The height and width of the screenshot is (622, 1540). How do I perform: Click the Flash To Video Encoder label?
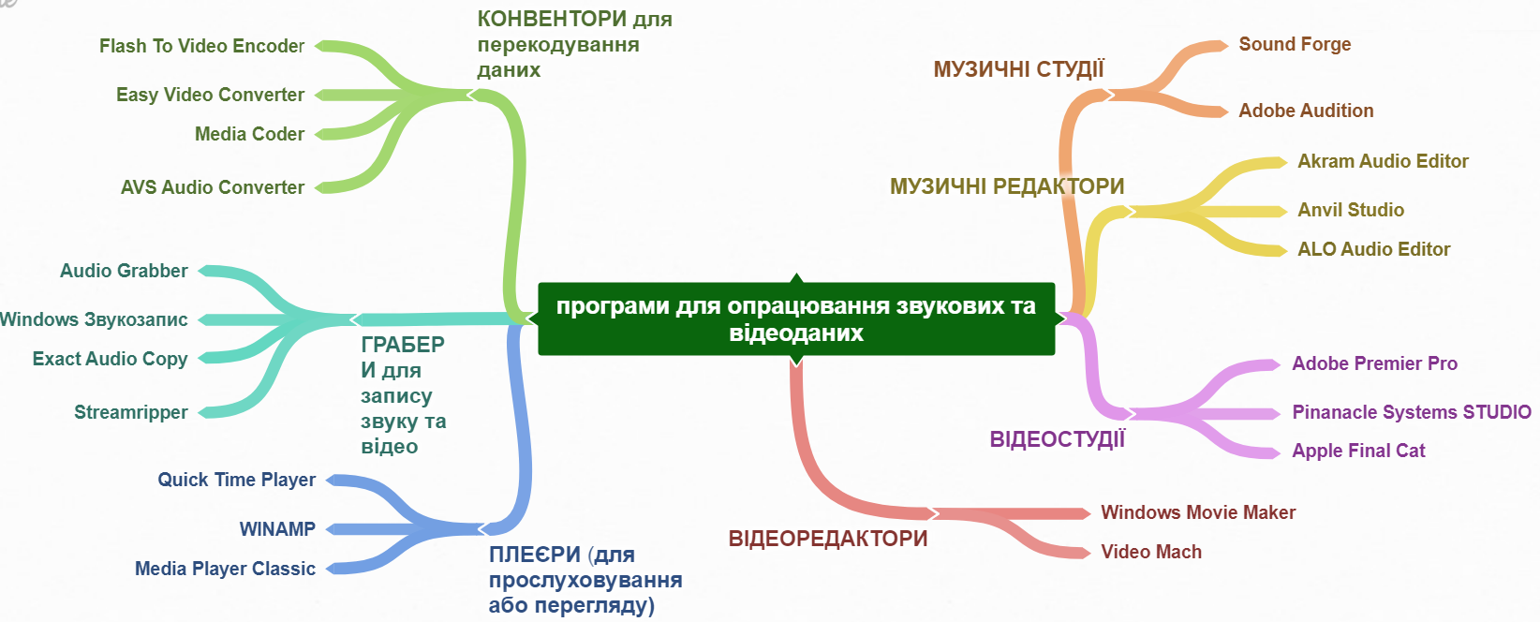(201, 46)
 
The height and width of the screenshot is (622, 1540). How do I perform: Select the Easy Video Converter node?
(210, 95)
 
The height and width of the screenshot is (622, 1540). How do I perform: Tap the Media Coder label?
(249, 134)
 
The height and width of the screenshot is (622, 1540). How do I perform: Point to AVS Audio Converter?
(212, 187)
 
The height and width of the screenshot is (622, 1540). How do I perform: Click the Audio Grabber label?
(124, 271)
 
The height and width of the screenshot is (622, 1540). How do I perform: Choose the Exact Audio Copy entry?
(110, 359)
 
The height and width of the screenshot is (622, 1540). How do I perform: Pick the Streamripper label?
(131, 412)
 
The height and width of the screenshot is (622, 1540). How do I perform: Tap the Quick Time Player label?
(236, 480)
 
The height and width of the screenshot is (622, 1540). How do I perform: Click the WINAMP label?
(277, 529)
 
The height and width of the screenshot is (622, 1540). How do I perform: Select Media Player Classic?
(225, 569)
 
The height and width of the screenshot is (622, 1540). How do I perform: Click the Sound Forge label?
(1295, 44)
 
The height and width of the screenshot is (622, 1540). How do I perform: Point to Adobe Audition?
(1306, 111)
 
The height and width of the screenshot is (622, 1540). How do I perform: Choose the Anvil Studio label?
(1351, 210)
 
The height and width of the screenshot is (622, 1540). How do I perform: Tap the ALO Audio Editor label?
(1373, 249)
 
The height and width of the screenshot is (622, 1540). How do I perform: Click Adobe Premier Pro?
(1374, 363)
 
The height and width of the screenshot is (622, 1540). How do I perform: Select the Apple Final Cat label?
(1358, 451)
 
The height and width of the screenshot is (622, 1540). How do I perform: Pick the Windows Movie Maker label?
(1198, 512)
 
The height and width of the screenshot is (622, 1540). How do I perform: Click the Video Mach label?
(1151, 552)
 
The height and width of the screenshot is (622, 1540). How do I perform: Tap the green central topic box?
(796, 318)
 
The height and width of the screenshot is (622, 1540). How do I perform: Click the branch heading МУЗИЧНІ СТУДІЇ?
(1018, 69)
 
